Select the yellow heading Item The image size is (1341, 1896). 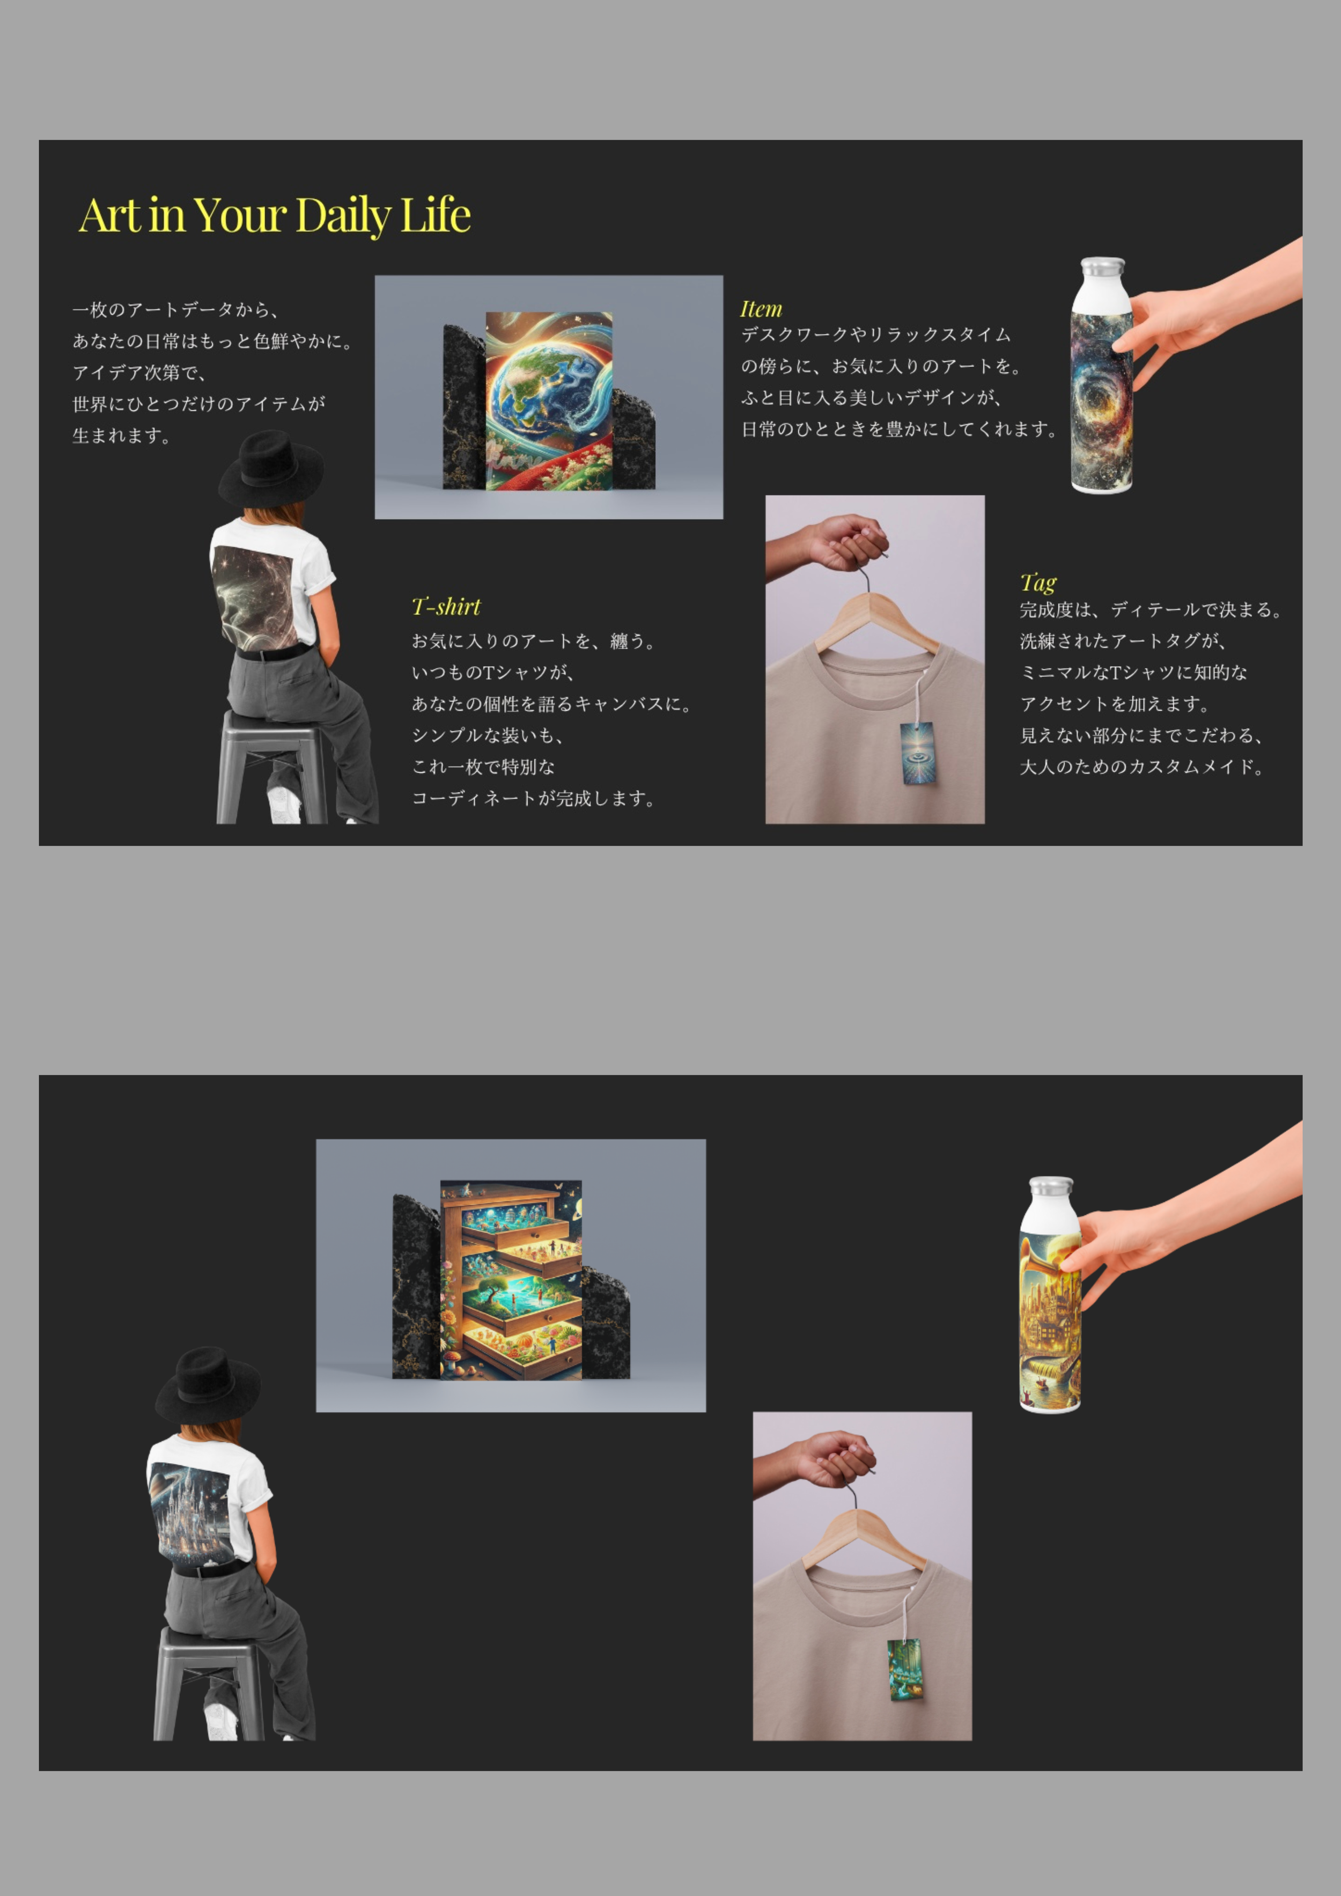761,309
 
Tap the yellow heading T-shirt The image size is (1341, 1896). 446,607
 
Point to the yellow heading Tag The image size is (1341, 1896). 1038,583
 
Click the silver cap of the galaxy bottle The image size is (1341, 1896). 1102,268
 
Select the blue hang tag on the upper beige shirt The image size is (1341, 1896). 917,753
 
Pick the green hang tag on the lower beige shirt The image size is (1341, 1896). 904,1669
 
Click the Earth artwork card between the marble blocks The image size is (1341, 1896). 549,401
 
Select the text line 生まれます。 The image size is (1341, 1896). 121,436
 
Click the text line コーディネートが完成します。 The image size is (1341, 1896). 533,799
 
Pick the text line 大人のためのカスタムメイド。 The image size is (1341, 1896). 1141,767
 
